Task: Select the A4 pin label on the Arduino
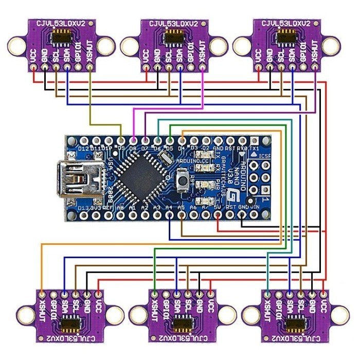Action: [169, 207]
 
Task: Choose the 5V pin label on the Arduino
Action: [218, 207]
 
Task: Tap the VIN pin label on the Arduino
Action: [255, 207]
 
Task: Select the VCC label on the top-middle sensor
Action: [146, 56]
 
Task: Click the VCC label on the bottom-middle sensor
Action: [210, 304]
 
